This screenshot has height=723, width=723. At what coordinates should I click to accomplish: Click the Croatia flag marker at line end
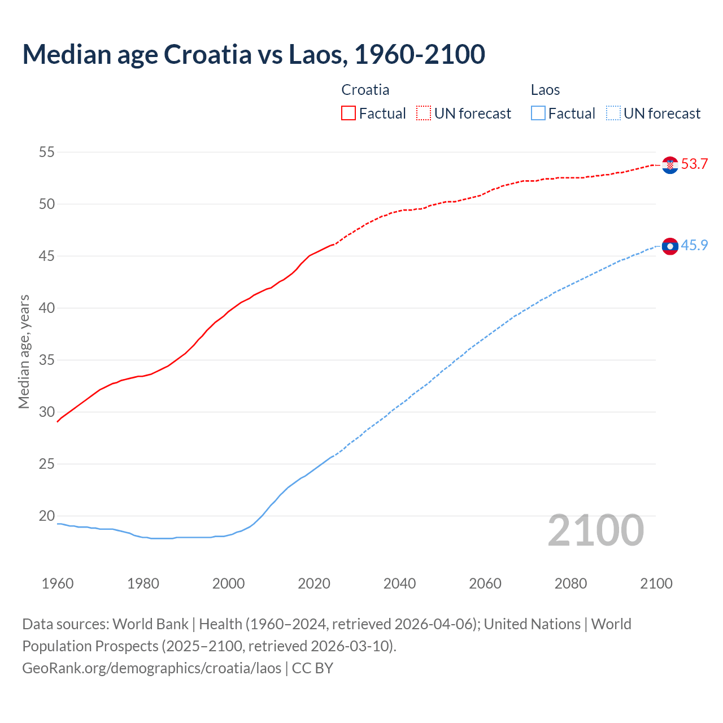click(670, 165)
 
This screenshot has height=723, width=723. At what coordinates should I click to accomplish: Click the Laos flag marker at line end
click(670, 246)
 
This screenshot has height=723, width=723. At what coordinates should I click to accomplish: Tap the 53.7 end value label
click(694, 164)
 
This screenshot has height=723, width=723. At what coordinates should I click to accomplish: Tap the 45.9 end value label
click(694, 245)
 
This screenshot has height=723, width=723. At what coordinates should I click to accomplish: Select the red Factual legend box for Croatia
click(349, 114)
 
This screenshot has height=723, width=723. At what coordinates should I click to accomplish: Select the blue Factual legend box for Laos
click(538, 114)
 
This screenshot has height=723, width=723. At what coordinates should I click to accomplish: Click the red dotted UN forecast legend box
click(424, 114)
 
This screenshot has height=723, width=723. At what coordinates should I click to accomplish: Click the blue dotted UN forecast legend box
click(613, 114)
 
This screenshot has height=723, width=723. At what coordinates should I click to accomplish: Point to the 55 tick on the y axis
click(47, 152)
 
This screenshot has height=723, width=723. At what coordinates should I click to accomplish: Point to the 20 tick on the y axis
click(47, 516)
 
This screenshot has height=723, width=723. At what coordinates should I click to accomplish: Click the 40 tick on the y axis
click(47, 308)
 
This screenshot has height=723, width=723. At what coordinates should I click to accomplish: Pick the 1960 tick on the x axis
click(58, 583)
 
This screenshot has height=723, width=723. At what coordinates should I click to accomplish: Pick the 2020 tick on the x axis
click(314, 583)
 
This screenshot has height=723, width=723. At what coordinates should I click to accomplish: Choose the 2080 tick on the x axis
click(570, 583)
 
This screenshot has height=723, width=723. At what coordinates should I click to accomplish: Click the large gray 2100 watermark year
click(596, 530)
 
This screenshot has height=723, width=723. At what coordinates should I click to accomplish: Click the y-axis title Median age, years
click(24, 351)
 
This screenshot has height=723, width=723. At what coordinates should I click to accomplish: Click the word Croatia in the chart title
click(207, 54)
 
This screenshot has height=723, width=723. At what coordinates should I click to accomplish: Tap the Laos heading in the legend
click(545, 90)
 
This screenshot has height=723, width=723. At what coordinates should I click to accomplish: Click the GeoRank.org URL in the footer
click(151, 668)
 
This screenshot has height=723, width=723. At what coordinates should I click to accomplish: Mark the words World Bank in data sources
click(150, 624)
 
